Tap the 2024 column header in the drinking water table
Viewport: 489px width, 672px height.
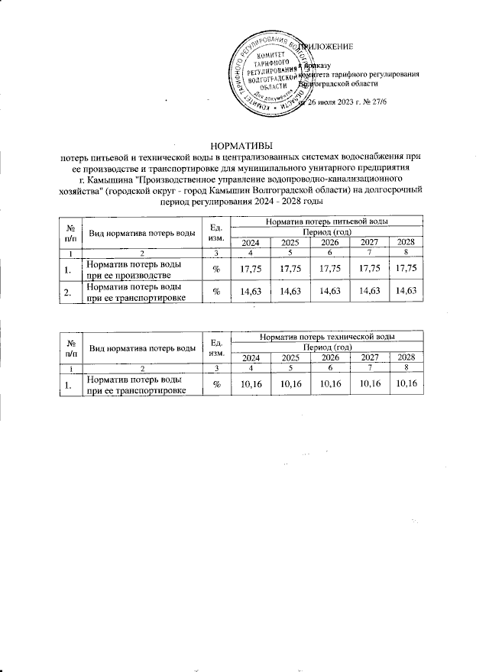251,242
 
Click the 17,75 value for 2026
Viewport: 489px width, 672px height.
329,268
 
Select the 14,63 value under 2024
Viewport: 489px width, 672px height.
251,291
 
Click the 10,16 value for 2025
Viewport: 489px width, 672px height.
290,384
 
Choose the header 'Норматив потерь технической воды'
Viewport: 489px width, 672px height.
326,336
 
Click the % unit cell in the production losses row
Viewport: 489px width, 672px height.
216,268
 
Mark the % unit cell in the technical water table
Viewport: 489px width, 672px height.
216,384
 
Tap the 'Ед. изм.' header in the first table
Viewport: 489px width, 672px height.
216,231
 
